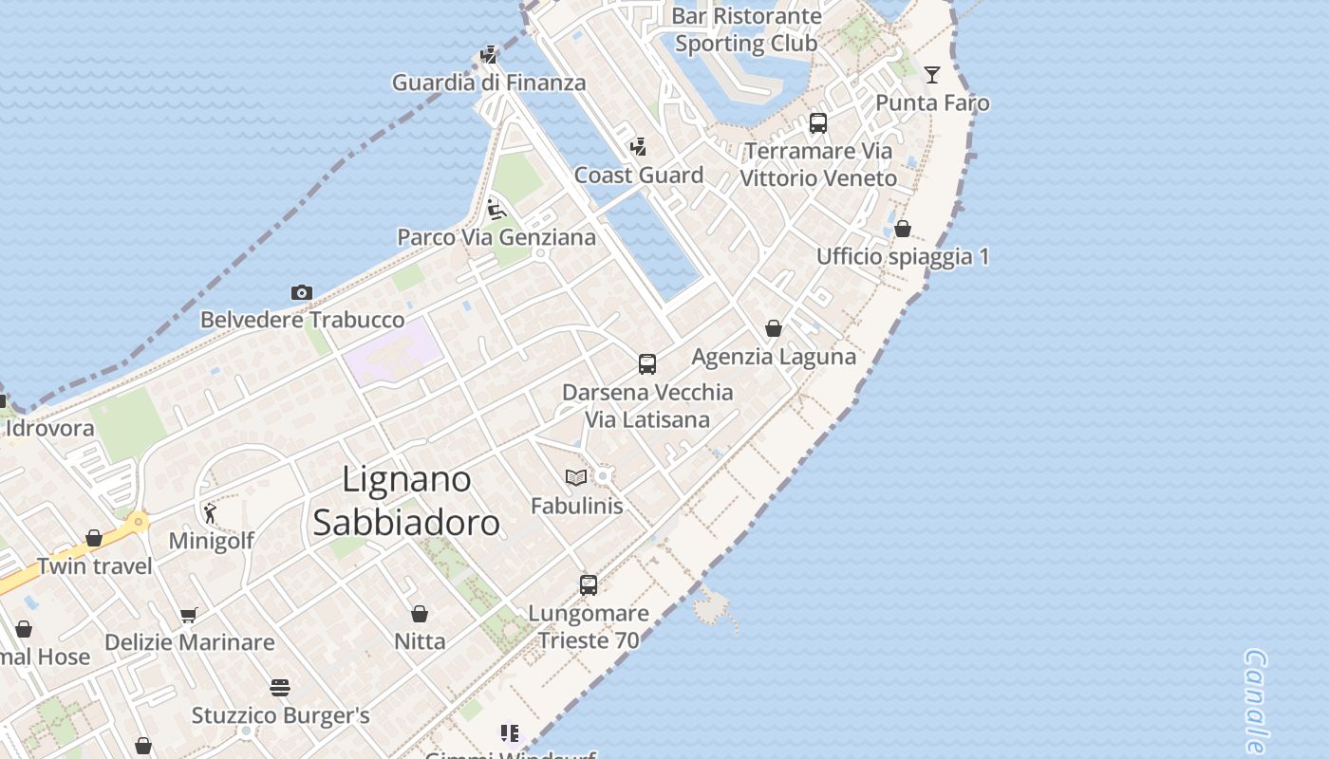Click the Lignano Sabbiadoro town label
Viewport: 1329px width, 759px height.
coord(406,501)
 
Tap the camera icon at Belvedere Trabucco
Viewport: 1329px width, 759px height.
coord(302,293)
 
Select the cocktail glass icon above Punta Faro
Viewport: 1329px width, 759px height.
coord(932,75)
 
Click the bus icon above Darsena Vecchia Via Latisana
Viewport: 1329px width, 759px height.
coord(647,364)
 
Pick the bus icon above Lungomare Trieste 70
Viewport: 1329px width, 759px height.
coord(589,585)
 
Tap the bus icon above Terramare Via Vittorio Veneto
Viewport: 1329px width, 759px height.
coord(818,123)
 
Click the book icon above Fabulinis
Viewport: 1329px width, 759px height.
coord(576,477)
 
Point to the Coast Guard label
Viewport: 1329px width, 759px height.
coord(639,176)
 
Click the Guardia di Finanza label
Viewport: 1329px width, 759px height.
coord(489,83)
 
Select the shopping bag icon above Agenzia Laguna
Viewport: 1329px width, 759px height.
coord(774,329)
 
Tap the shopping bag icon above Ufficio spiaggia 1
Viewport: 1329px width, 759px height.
coord(903,229)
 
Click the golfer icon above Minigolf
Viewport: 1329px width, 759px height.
coord(211,513)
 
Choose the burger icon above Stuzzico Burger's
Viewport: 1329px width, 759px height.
coord(280,687)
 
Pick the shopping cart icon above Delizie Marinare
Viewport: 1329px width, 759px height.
coord(189,615)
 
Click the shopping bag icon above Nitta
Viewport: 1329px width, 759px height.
coord(420,614)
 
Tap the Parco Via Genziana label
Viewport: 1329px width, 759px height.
coord(496,237)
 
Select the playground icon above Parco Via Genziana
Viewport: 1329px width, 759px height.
coord(496,210)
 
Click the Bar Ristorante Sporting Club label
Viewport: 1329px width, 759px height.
coord(746,29)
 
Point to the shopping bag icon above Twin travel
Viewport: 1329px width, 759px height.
coord(94,539)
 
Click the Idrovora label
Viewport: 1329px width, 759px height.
coord(50,428)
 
